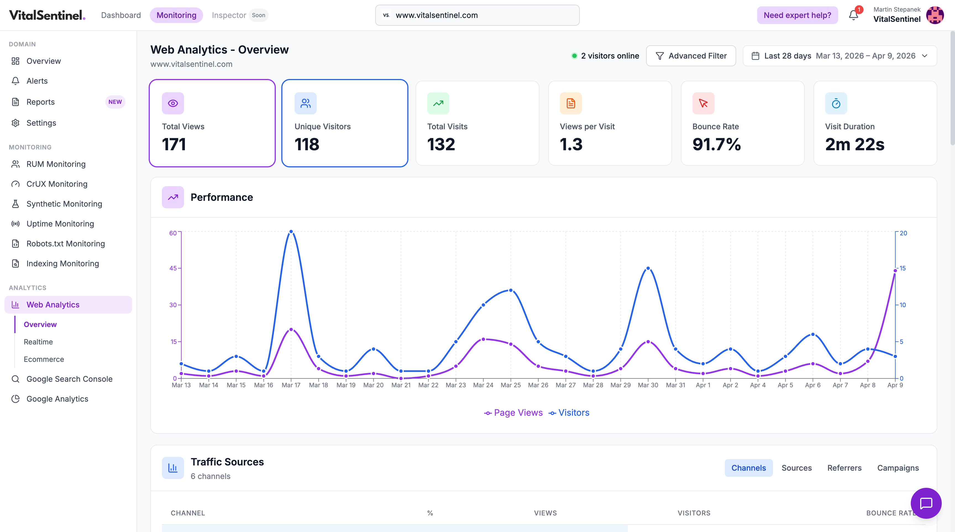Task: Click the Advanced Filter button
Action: tap(691, 56)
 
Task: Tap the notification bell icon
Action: tap(853, 15)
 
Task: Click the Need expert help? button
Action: tap(797, 15)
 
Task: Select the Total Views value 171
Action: tap(174, 144)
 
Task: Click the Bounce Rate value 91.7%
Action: tap(716, 144)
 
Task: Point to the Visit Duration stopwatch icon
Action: tap(836, 103)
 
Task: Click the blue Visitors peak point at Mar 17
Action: tap(291, 231)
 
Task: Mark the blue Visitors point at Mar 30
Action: tap(648, 268)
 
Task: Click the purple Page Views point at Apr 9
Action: tap(895, 271)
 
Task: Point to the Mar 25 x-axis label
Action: tap(510, 385)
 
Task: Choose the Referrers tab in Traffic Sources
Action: tap(844, 468)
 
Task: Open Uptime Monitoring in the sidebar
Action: tap(60, 224)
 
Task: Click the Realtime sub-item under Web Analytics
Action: tap(38, 342)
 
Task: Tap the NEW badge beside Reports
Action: tap(115, 102)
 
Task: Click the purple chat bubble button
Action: tap(926, 503)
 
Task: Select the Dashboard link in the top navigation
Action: tap(121, 15)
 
